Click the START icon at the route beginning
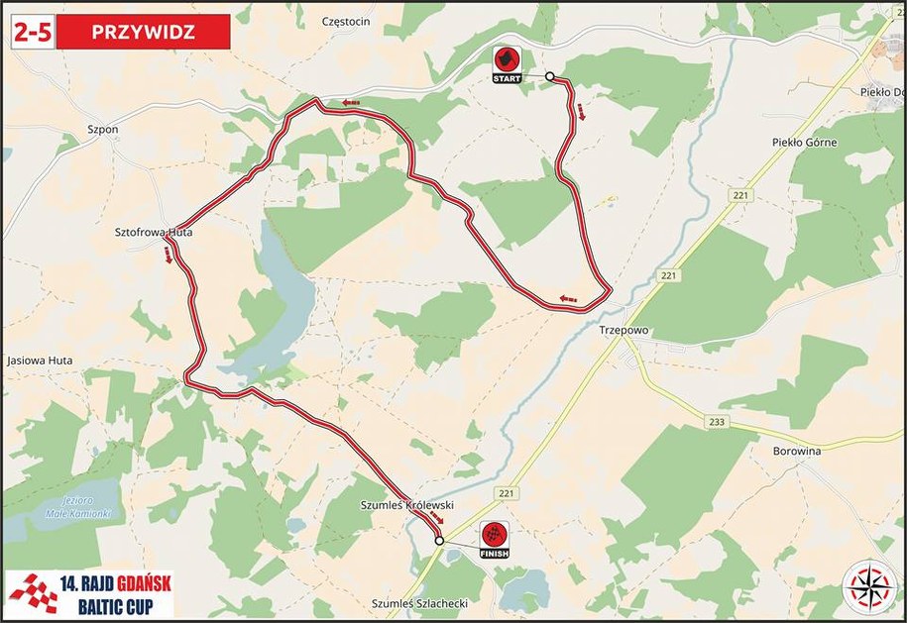coord(507,63)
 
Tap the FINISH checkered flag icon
coord(494,540)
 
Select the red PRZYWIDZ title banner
coord(143,31)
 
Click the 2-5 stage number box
coord(32,31)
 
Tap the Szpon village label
coord(102,129)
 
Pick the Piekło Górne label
coord(804,143)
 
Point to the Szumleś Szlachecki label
coord(418,603)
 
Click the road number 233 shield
coord(718,423)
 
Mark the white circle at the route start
coord(549,75)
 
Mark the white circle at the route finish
coord(439,541)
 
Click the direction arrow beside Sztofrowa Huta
coord(170,257)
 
